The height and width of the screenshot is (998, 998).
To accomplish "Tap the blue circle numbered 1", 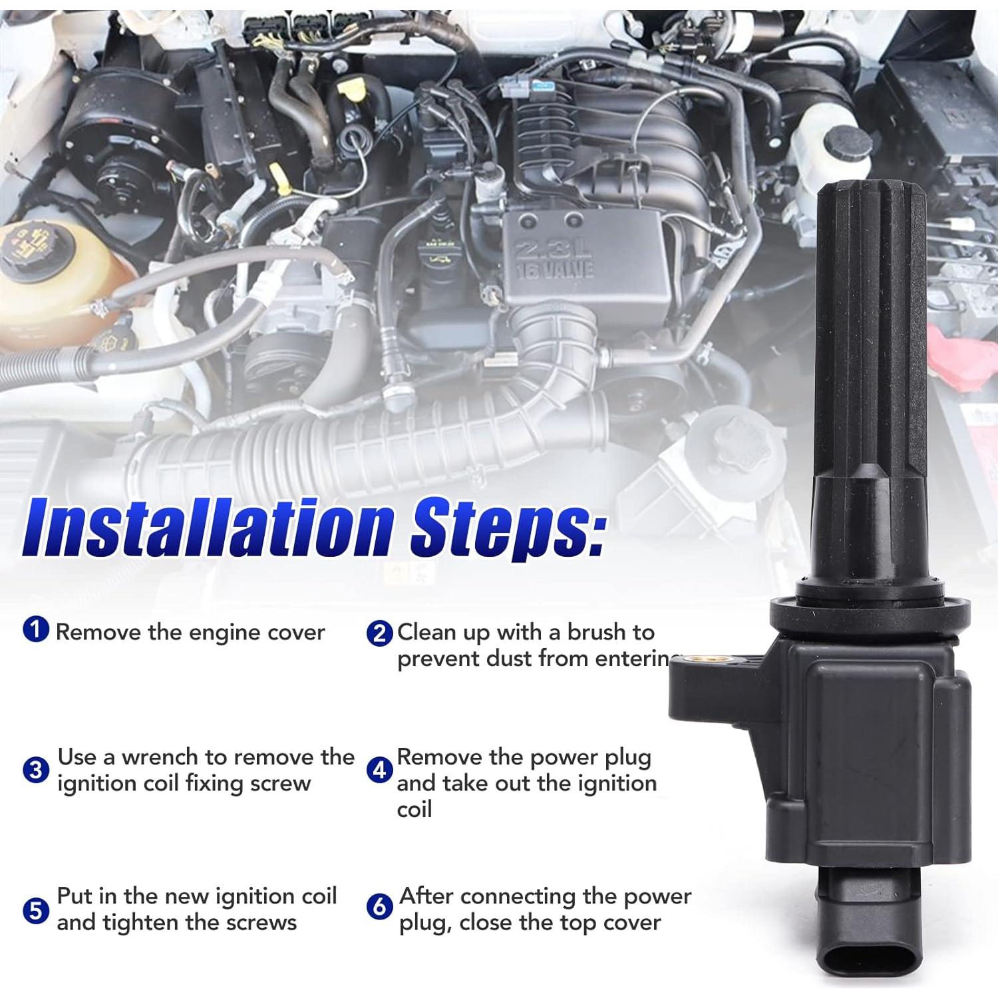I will coord(36,630).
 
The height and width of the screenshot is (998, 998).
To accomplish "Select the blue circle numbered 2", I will coord(379,633).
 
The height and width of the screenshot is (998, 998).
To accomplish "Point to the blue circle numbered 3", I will coord(36,770).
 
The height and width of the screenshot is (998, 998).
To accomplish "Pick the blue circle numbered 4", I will coord(379,770).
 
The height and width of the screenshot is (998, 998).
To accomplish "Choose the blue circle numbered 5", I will coord(36,910).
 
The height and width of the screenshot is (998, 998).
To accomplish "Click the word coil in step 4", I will coord(415,810).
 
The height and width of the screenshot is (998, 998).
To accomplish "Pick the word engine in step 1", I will coord(228,632).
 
